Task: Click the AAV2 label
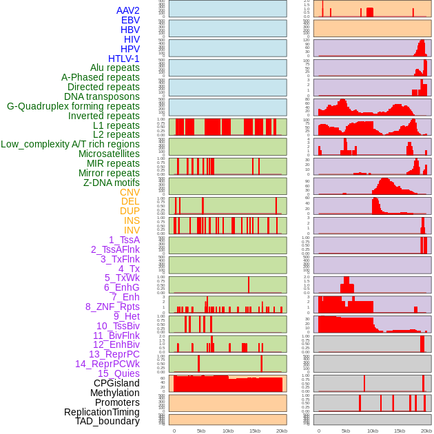[128, 10]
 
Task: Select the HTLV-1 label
[123, 59]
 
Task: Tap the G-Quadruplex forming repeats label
[73, 106]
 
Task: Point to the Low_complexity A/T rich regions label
[70, 144]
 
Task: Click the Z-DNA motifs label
[112, 183]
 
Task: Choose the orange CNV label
[130, 192]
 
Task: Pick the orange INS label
[132, 220]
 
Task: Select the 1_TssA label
[124, 240]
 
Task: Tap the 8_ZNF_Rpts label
[112, 307]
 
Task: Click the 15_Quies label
[118, 373]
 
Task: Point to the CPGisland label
[116, 383]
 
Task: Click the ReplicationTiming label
[101, 412]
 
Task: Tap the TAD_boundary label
[107, 421]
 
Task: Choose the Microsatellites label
[109, 154]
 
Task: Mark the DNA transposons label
[102, 96]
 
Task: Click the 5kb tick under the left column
[201, 431]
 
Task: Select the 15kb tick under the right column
[400, 431]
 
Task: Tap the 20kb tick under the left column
[282, 431]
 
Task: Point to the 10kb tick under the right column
[373, 431]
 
